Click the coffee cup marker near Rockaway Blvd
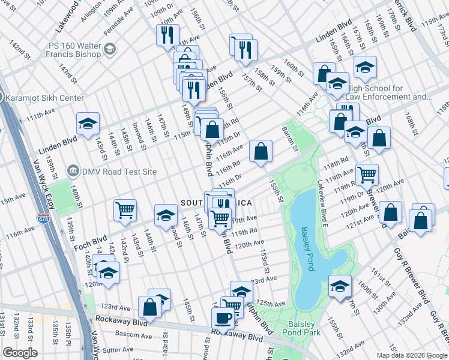click(x=223, y=318)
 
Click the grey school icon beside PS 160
click(x=109, y=49)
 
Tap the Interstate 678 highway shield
click(x=43, y=219)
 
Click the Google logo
click(x=20, y=353)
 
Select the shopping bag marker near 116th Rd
click(x=261, y=152)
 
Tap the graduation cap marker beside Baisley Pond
click(x=339, y=286)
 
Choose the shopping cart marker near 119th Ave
click(x=367, y=175)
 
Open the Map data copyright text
click(x=411, y=355)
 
